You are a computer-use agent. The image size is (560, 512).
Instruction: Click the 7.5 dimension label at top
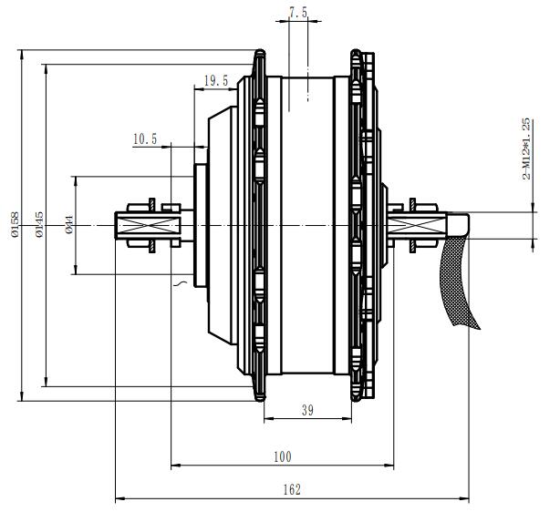point(297,12)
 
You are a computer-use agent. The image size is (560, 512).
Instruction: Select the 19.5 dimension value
point(215,82)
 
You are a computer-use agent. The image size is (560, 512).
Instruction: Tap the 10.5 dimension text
point(145,139)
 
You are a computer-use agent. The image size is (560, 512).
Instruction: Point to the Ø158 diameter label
point(15,224)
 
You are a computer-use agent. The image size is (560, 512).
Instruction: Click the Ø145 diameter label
point(39,224)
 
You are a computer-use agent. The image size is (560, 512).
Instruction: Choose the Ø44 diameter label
point(69,224)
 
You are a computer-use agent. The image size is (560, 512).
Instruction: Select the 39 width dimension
point(306,411)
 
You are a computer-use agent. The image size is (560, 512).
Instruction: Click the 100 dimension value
point(282,455)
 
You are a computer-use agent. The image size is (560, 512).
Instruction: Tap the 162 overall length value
point(291,489)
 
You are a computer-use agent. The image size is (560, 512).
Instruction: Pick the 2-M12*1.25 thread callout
point(526,148)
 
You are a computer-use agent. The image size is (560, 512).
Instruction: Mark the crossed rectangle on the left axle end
point(135,225)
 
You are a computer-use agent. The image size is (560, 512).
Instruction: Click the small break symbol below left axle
point(181,285)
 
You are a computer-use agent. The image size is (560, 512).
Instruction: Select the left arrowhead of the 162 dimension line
point(119,499)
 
